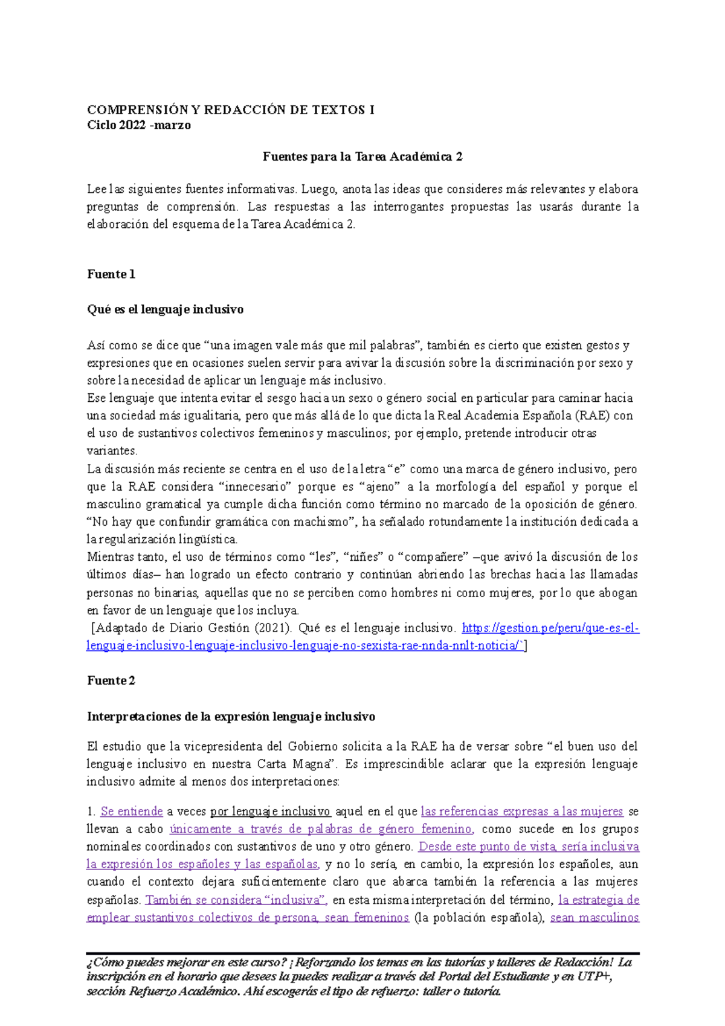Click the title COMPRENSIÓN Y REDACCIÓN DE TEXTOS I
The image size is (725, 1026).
coord(230,110)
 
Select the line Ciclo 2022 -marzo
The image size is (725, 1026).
coord(139,126)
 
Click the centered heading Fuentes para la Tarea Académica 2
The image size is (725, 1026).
coord(362,157)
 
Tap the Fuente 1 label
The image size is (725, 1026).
coord(111,274)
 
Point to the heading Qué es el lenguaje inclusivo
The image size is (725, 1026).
coord(165,309)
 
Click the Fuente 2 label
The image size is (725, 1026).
coord(111,681)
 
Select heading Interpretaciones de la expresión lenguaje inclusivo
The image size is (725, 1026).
coord(231,717)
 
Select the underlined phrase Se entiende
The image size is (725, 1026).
coord(132,811)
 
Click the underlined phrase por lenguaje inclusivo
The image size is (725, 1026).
coord(270,811)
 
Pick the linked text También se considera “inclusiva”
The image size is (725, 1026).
coord(236,900)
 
